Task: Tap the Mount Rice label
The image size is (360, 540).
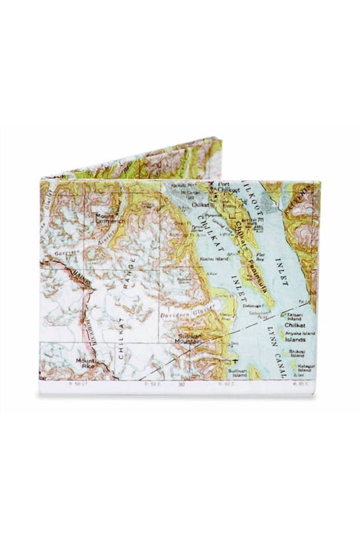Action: click(85, 364)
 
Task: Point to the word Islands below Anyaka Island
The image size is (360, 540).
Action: click(295, 341)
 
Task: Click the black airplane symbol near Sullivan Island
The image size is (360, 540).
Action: click(235, 361)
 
